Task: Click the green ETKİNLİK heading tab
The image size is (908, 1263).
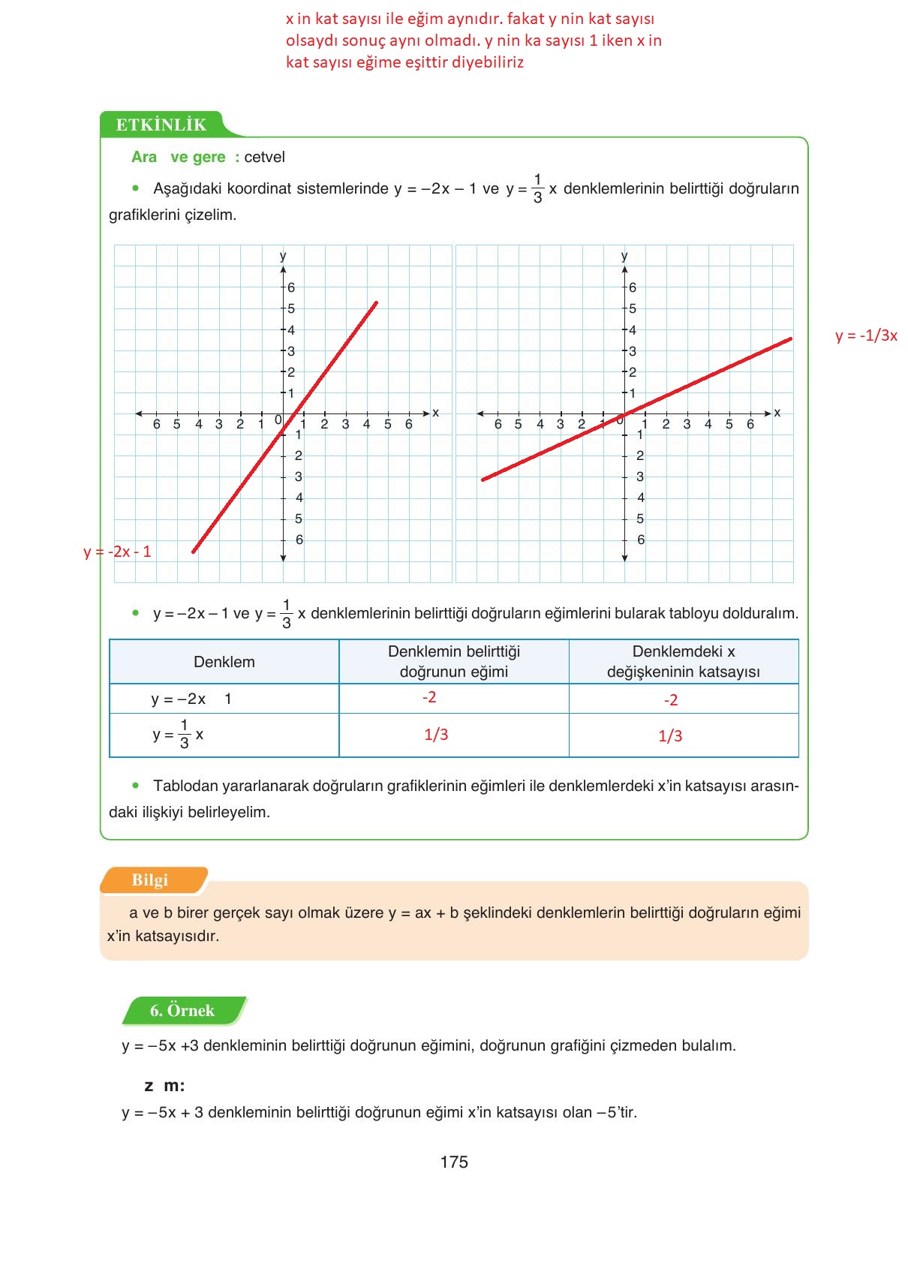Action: click(161, 125)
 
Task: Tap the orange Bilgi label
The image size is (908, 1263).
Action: click(150, 880)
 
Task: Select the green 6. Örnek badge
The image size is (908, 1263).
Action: click(182, 1010)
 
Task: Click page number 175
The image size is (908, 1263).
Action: click(454, 1162)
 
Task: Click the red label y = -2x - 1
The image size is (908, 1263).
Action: click(117, 552)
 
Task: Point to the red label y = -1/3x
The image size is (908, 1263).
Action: click(866, 335)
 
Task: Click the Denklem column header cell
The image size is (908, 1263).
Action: click(224, 662)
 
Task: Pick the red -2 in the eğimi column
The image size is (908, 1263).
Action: click(429, 697)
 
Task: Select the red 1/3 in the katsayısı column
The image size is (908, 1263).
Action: click(670, 736)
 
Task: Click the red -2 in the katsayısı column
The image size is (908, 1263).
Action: click(671, 700)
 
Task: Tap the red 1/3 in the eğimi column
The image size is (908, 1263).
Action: click(436, 734)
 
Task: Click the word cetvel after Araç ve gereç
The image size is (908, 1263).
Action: click(264, 157)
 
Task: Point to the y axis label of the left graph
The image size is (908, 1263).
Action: click(283, 256)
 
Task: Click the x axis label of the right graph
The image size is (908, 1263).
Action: click(777, 413)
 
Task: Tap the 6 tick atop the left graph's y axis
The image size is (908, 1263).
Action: click(291, 287)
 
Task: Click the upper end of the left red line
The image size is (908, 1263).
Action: click(376, 302)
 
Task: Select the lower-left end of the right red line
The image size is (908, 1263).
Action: click(483, 479)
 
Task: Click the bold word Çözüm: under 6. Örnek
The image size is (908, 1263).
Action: click(164, 1085)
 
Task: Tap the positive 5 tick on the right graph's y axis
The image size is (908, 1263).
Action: click(633, 308)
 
